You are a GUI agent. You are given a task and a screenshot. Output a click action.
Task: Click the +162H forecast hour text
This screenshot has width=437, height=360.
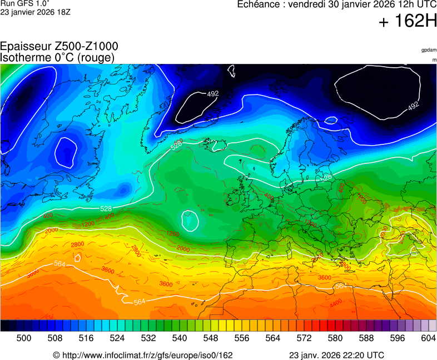(x=408, y=22)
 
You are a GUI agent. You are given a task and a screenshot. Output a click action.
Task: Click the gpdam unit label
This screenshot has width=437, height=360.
(x=429, y=50)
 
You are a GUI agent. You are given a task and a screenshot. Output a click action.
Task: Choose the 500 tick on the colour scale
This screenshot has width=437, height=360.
(x=23, y=337)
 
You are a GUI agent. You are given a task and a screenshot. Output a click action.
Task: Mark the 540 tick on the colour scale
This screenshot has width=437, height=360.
(x=179, y=337)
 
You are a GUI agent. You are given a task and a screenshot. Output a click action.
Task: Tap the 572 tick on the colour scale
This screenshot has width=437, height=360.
(x=304, y=337)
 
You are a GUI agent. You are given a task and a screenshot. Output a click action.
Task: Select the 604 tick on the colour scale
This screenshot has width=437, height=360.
(x=428, y=337)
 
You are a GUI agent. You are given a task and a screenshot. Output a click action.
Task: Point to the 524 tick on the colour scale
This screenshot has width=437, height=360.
(x=117, y=337)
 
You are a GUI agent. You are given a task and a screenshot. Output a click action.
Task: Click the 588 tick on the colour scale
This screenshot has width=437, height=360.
(x=366, y=337)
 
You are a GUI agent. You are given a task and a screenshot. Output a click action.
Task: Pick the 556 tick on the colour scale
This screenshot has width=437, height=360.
(x=241, y=337)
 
